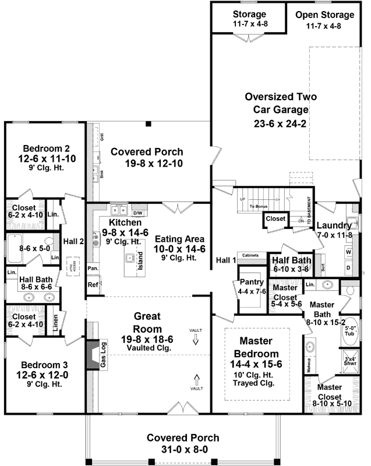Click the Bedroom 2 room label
[46, 147]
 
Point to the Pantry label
[252, 282]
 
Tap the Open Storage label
[324, 15]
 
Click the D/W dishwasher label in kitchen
[138, 213]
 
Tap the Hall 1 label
[224, 260]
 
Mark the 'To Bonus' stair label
[257, 206]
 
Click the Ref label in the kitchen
[93, 285]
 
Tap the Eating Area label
[179, 239]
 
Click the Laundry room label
[334, 225]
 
